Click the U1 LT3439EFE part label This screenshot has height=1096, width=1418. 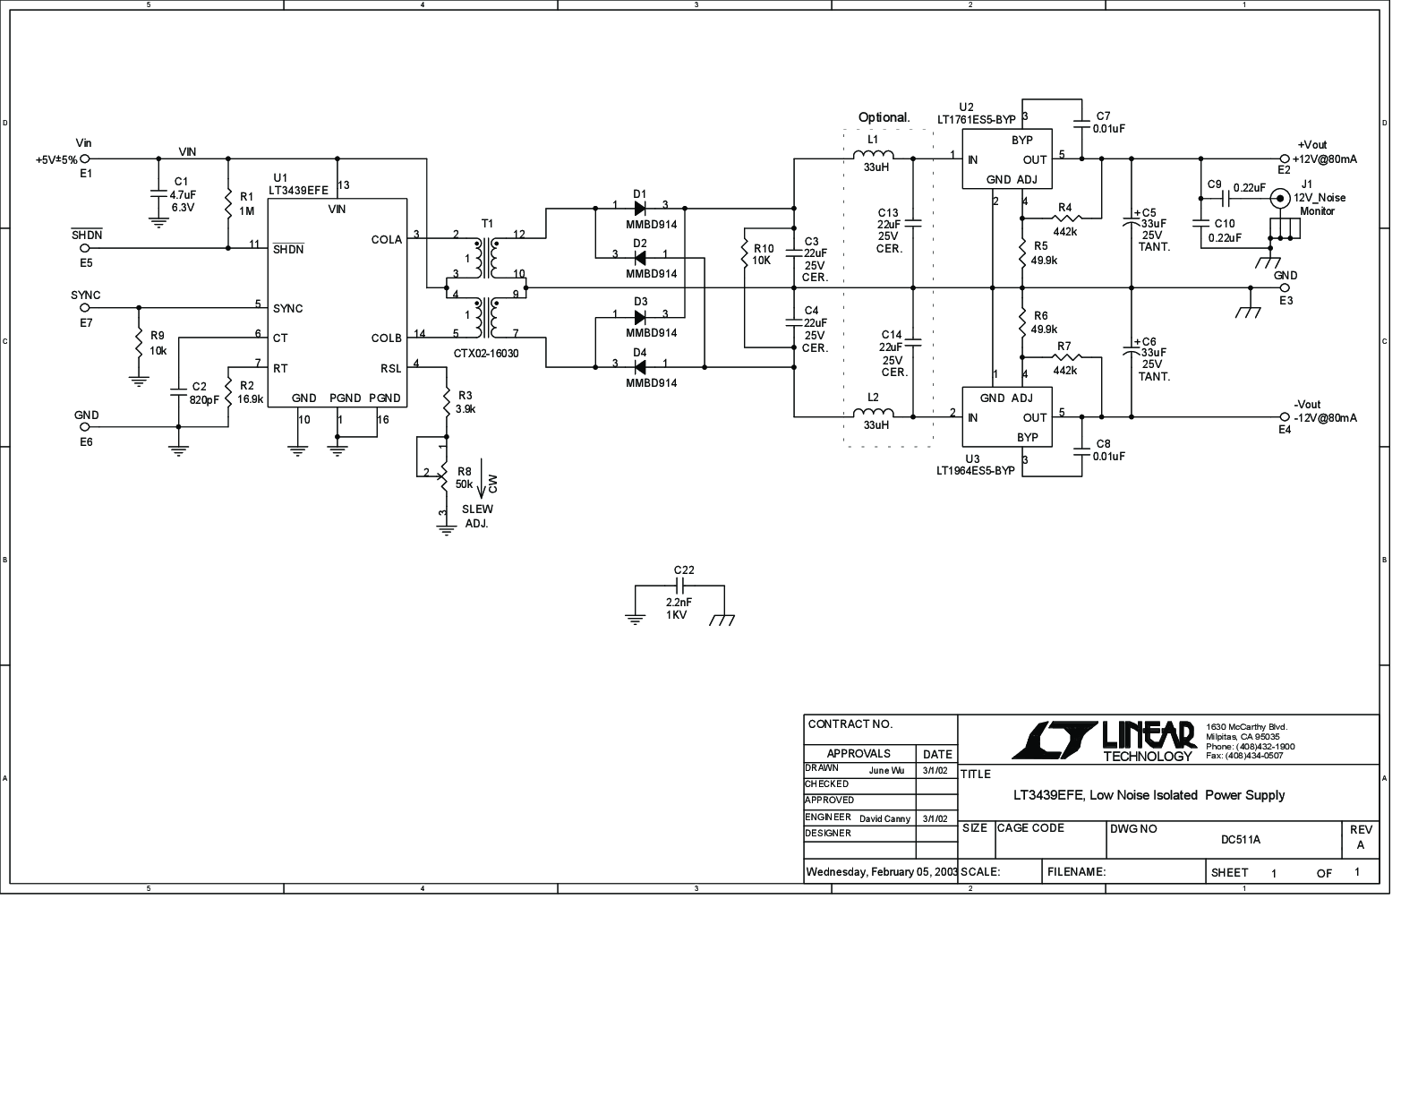click(x=298, y=189)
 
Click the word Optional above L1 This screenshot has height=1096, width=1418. click(x=884, y=117)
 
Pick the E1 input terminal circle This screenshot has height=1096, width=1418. click(x=85, y=159)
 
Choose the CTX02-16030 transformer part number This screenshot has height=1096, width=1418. click(x=486, y=354)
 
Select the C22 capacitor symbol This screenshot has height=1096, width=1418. click(x=679, y=586)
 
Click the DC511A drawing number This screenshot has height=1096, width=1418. click(x=1240, y=840)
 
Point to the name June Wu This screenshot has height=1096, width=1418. click(x=886, y=770)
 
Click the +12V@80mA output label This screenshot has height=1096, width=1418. click(x=1324, y=159)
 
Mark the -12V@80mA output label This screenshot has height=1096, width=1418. click(x=1324, y=418)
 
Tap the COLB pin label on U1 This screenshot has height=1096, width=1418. click(x=386, y=338)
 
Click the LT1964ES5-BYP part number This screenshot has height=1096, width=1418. click(x=976, y=470)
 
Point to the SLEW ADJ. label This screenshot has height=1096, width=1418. click(x=476, y=516)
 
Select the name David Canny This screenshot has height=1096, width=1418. click(x=884, y=818)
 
